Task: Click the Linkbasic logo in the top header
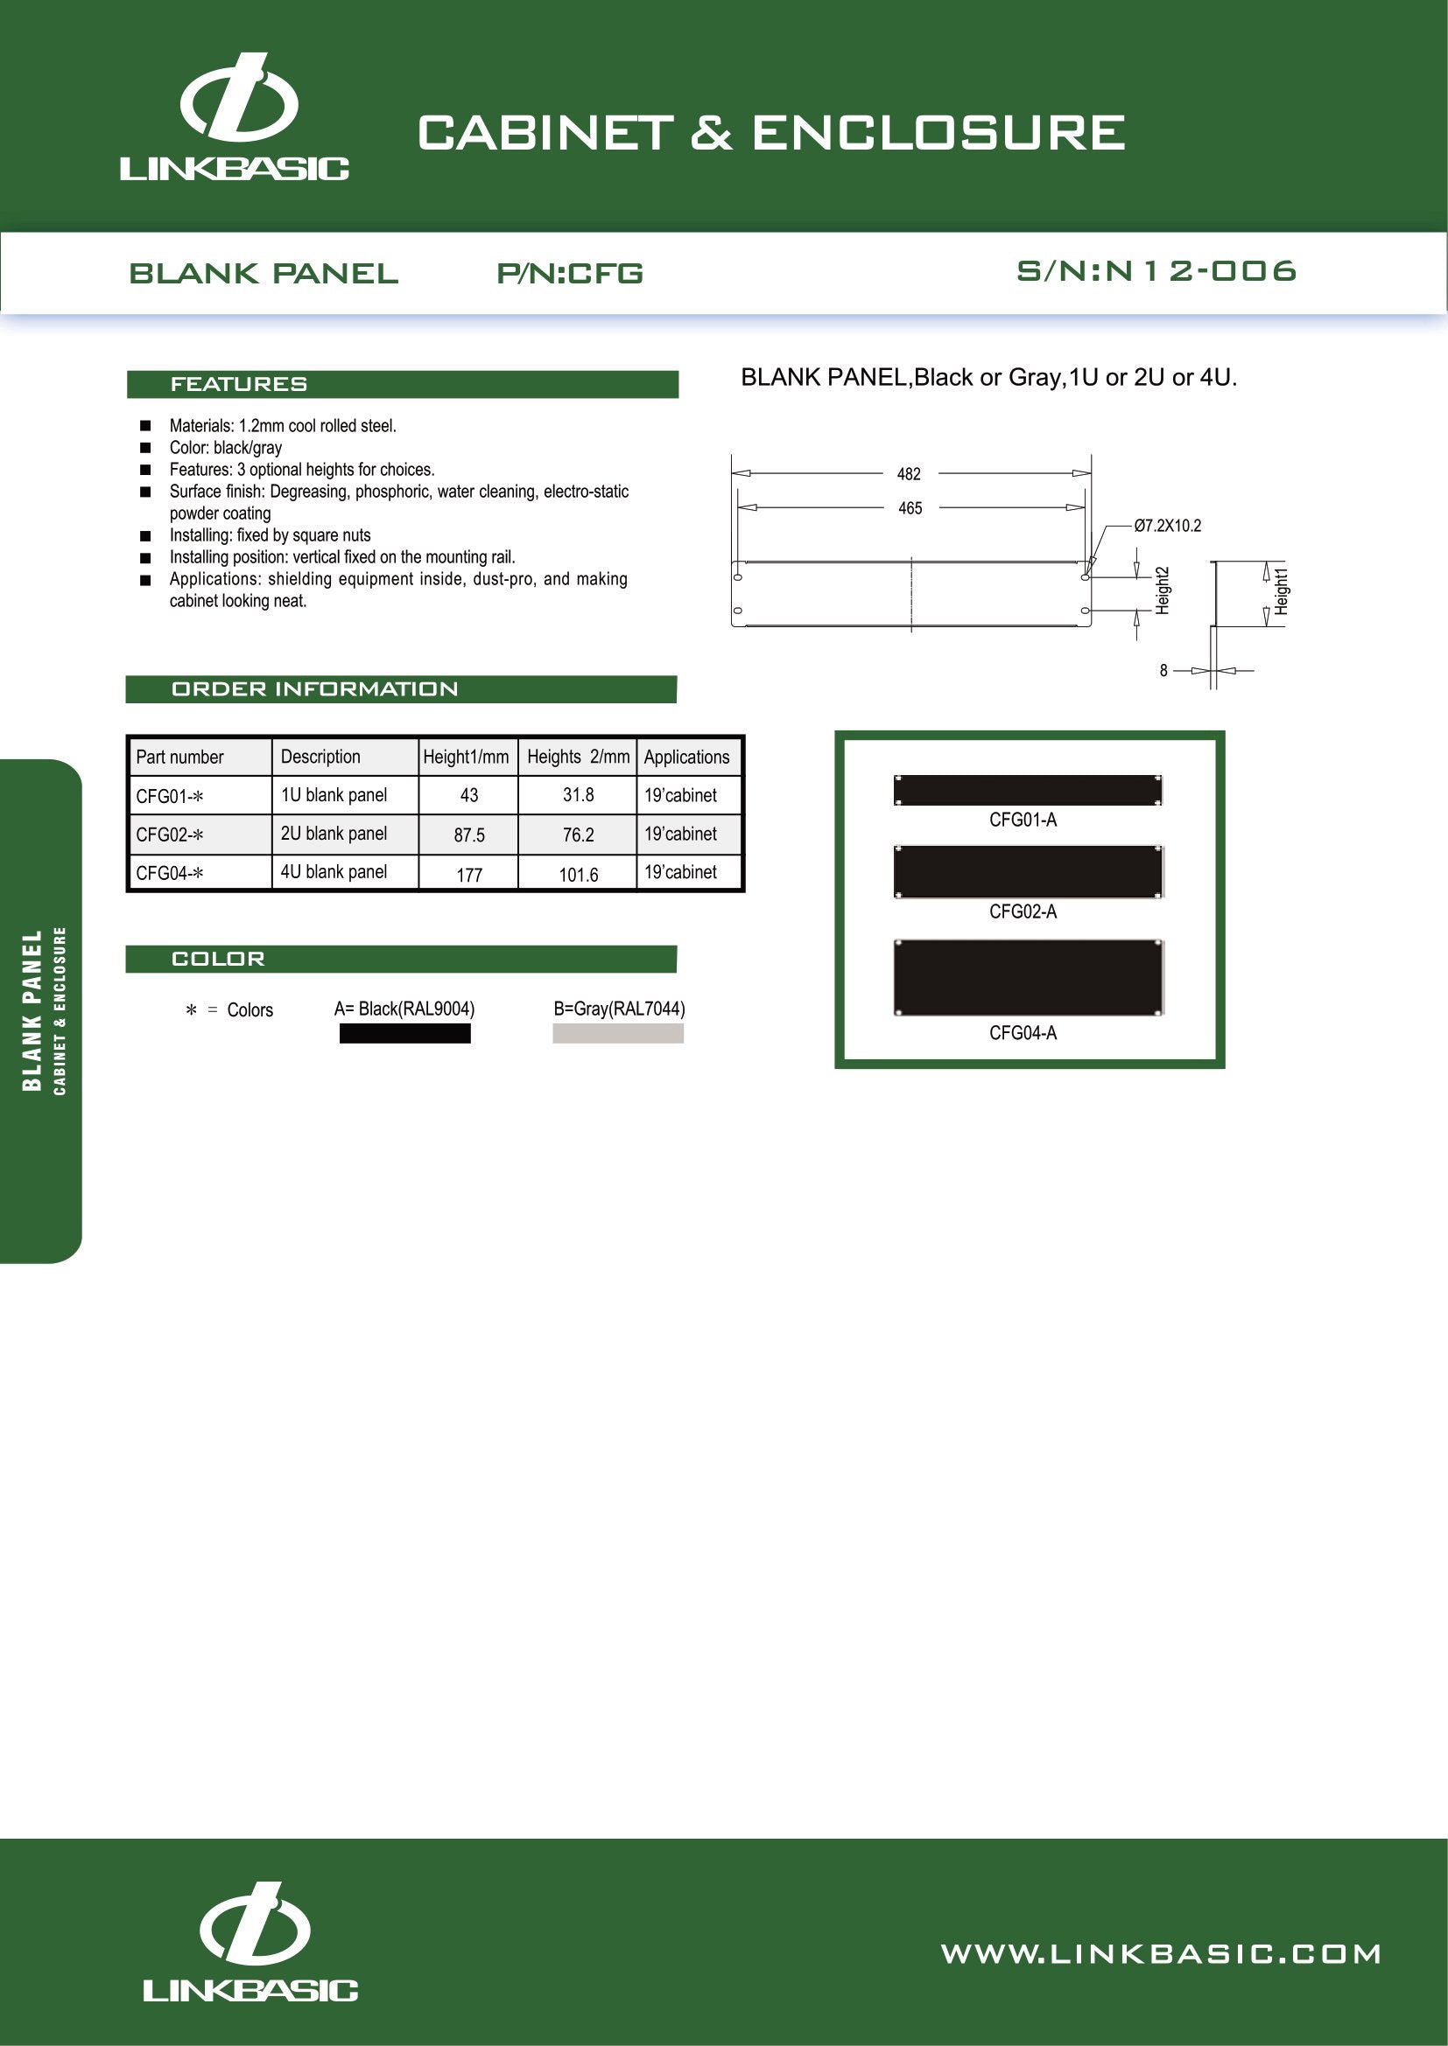[235, 117]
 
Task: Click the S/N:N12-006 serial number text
[1156, 271]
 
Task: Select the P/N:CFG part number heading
[570, 273]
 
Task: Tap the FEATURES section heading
[239, 384]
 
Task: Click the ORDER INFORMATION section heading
[314, 688]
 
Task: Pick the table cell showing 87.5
[469, 835]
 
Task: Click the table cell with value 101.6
[578, 874]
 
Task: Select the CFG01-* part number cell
[170, 796]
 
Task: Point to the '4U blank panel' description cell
[334, 872]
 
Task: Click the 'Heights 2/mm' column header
[578, 757]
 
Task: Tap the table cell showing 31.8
[578, 795]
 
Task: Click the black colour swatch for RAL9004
[404, 1034]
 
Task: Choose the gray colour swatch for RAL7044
[618, 1034]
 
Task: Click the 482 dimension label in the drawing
[909, 474]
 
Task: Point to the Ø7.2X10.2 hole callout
[1167, 526]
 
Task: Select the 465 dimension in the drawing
[910, 508]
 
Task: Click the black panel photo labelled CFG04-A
[1028, 978]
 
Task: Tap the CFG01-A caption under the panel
[1023, 820]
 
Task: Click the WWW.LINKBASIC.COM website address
[1161, 1954]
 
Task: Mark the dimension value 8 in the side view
[1163, 670]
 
